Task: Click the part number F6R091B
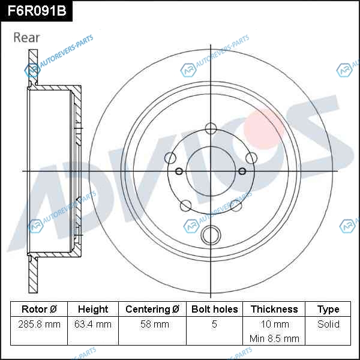[37, 11]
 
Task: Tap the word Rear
[26, 37]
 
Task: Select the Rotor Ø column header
[39, 309]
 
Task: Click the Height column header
[93, 309]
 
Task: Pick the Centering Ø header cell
[152, 309]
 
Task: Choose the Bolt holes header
[214, 309]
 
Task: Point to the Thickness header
[274, 309]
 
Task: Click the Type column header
[328, 310]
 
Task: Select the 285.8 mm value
[39, 325]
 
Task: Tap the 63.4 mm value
[93, 325]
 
